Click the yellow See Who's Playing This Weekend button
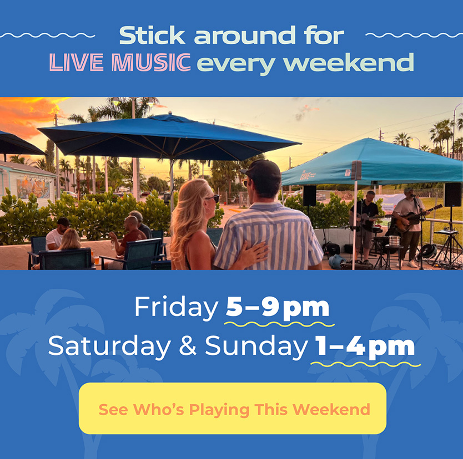click(233, 409)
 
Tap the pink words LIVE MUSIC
click(120, 62)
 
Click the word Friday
click(177, 308)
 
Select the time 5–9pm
click(277, 308)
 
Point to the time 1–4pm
click(365, 346)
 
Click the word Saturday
click(109, 346)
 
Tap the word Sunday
click(256, 346)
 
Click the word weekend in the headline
click(349, 63)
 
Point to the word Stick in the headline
click(152, 35)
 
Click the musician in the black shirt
click(365, 226)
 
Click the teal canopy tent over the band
click(372, 162)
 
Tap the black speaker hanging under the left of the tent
click(309, 196)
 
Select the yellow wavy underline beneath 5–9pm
click(279, 324)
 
